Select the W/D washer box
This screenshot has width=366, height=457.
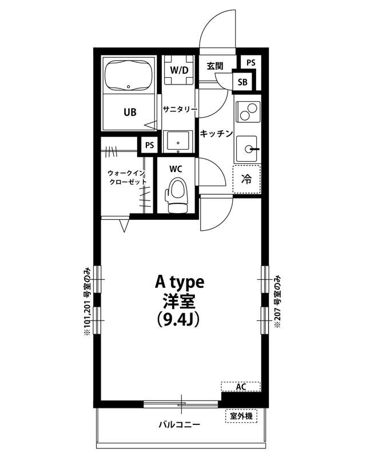(x=179, y=70)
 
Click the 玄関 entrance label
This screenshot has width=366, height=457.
(x=215, y=66)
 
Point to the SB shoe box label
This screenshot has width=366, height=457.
(x=242, y=82)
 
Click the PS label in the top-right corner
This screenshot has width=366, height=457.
(x=250, y=62)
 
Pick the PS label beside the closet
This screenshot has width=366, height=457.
(x=149, y=145)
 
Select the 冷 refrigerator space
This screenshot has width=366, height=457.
(x=246, y=179)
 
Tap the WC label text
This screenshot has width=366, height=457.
(x=176, y=169)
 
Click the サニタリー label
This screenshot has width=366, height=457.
(x=180, y=109)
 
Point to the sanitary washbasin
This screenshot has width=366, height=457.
(x=179, y=141)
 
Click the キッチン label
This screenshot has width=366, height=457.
(x=216, y=134)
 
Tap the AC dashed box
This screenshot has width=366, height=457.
(x=241, y=387)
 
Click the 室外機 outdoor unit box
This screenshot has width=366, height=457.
(x=241, y=416)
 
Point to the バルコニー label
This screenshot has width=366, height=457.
(x=179, y=425)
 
